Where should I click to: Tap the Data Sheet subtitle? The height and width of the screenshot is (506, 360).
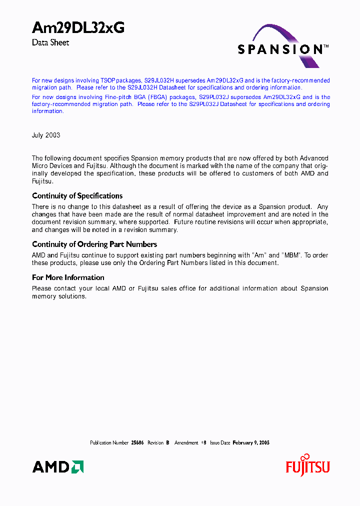[x=50, y=43]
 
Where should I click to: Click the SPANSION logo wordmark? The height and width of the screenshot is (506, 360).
[x=280, y=49]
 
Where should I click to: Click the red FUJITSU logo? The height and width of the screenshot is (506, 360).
[x=307, y=467]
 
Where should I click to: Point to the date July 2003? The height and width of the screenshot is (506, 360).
[x=46, y=135]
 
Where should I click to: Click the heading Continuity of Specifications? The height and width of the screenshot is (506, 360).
[x=77, y=196]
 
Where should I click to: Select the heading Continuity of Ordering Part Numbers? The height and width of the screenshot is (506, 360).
[x=94, y=244]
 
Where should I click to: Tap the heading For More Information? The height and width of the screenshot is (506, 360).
[x=68, y=277]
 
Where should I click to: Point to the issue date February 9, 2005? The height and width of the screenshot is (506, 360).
[x=251, y=443]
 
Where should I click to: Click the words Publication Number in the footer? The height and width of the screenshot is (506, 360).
[x=109, y=443]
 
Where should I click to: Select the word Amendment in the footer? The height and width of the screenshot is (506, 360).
[x=186, y=443]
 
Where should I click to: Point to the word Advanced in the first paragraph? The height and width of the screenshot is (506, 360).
[x=313, y=158]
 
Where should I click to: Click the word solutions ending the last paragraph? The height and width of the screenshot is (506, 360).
[x=73, y=296]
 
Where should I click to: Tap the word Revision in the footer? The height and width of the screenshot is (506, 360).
[x=155, y=443]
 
